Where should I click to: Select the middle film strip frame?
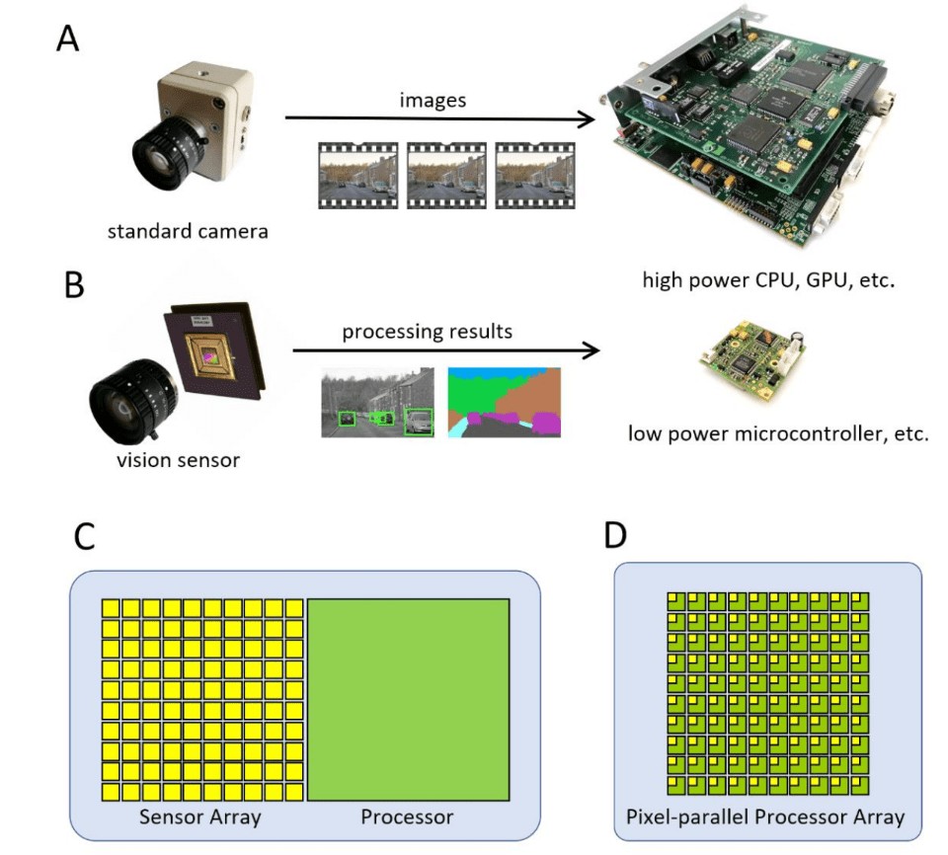446,175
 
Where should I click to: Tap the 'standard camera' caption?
189,233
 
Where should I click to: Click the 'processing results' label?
428,332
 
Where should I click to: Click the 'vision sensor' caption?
188,459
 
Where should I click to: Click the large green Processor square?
408,699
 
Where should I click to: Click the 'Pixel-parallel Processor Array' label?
765,816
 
